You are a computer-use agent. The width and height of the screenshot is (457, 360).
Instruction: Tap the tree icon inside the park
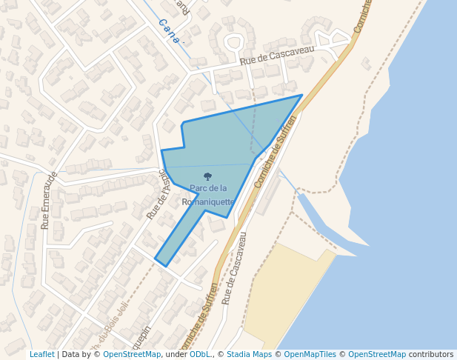click(x=207, y=176)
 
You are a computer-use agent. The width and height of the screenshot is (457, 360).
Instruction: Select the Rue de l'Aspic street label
click(x=159, y=193)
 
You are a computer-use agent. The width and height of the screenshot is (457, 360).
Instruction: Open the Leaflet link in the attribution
click(x=41, y=354)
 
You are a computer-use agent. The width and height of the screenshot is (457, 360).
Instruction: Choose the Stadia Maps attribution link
click(x=249, y=354)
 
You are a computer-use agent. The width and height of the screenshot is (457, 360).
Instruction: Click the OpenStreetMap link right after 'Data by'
click(x=132, y=354)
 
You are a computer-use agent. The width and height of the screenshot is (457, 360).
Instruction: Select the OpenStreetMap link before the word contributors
click(x=376, y=354)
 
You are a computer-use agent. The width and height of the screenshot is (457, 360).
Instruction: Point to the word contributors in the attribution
click(x=430, y=354)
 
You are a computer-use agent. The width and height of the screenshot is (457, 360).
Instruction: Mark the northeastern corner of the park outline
click(x=301, y=95)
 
